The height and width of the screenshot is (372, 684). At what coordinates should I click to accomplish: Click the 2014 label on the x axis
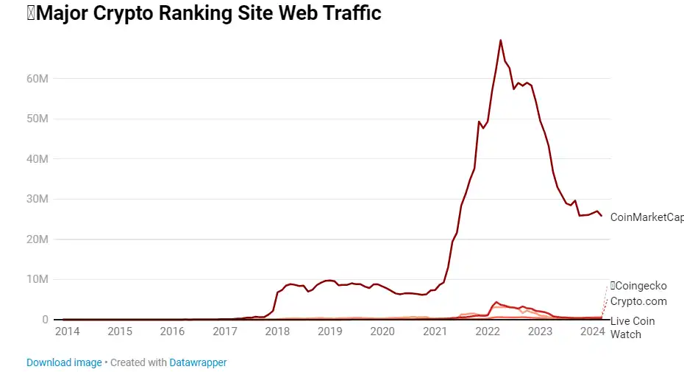[x=68, y=331]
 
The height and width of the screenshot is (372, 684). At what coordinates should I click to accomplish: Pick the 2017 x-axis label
[x=225, y=331]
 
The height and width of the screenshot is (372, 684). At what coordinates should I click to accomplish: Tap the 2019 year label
[x=330, y=331]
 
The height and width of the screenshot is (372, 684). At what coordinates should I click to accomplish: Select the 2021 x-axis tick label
[x=435, y=331]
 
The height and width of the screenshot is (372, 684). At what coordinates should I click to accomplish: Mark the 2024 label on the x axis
[x=592, y=331]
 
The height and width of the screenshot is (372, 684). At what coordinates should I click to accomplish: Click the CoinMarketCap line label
[x=646, y=217]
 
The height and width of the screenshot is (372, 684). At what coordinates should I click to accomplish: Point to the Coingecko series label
[x=641, y=286]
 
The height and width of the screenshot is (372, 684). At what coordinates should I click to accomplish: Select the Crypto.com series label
[x=638, y=301]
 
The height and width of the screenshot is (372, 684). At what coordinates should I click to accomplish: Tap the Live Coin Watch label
[x=633, y=328]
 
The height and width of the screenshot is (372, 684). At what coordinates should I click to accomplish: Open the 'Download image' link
[x=64, y=362]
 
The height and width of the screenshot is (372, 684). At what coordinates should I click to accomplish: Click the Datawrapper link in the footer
[x=198, y=362]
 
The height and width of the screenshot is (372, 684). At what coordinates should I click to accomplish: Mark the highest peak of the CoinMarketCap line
[x=501, y=41]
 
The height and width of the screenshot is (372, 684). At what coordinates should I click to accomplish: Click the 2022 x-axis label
[x=488, y=331]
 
